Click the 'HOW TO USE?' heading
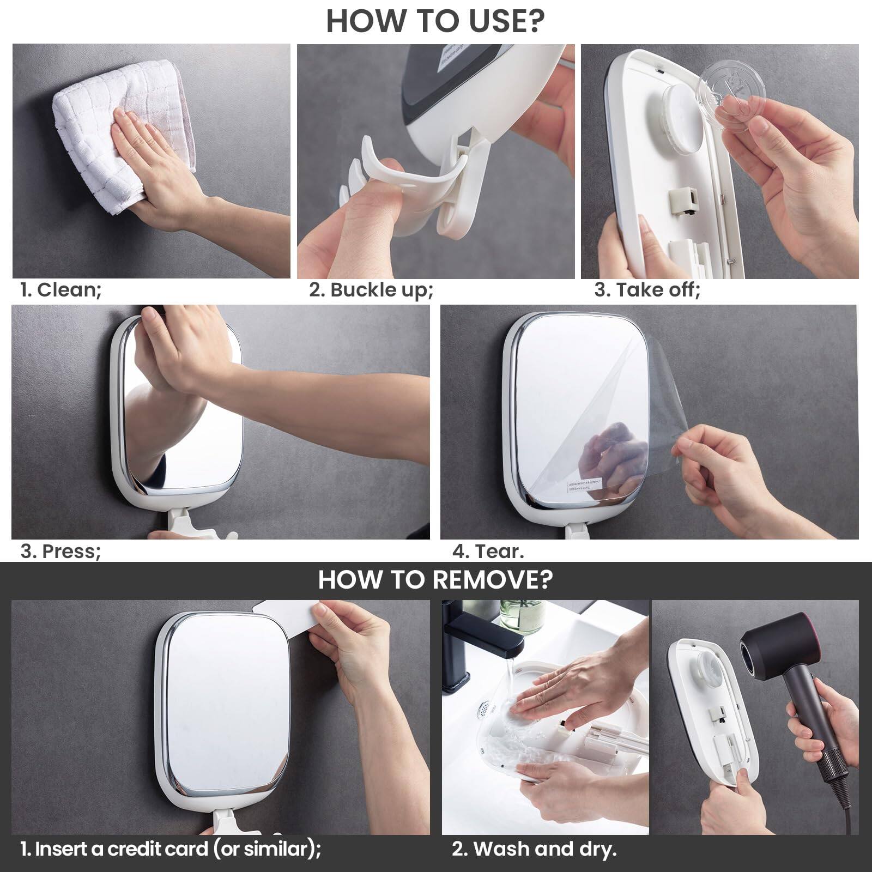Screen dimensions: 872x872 (x=435, y=21)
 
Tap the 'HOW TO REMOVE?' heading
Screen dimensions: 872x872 (x=435, y=579)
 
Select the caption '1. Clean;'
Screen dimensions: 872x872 (x=60, y=289)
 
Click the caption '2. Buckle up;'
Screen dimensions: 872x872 (x=371, y=289)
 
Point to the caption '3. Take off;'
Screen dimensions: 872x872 (x=647, y=289)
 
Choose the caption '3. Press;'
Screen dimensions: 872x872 (x=60, y=551)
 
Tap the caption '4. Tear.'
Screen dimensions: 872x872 (x=488, y=551)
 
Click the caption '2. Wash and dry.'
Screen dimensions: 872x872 (x=534, y=849)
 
